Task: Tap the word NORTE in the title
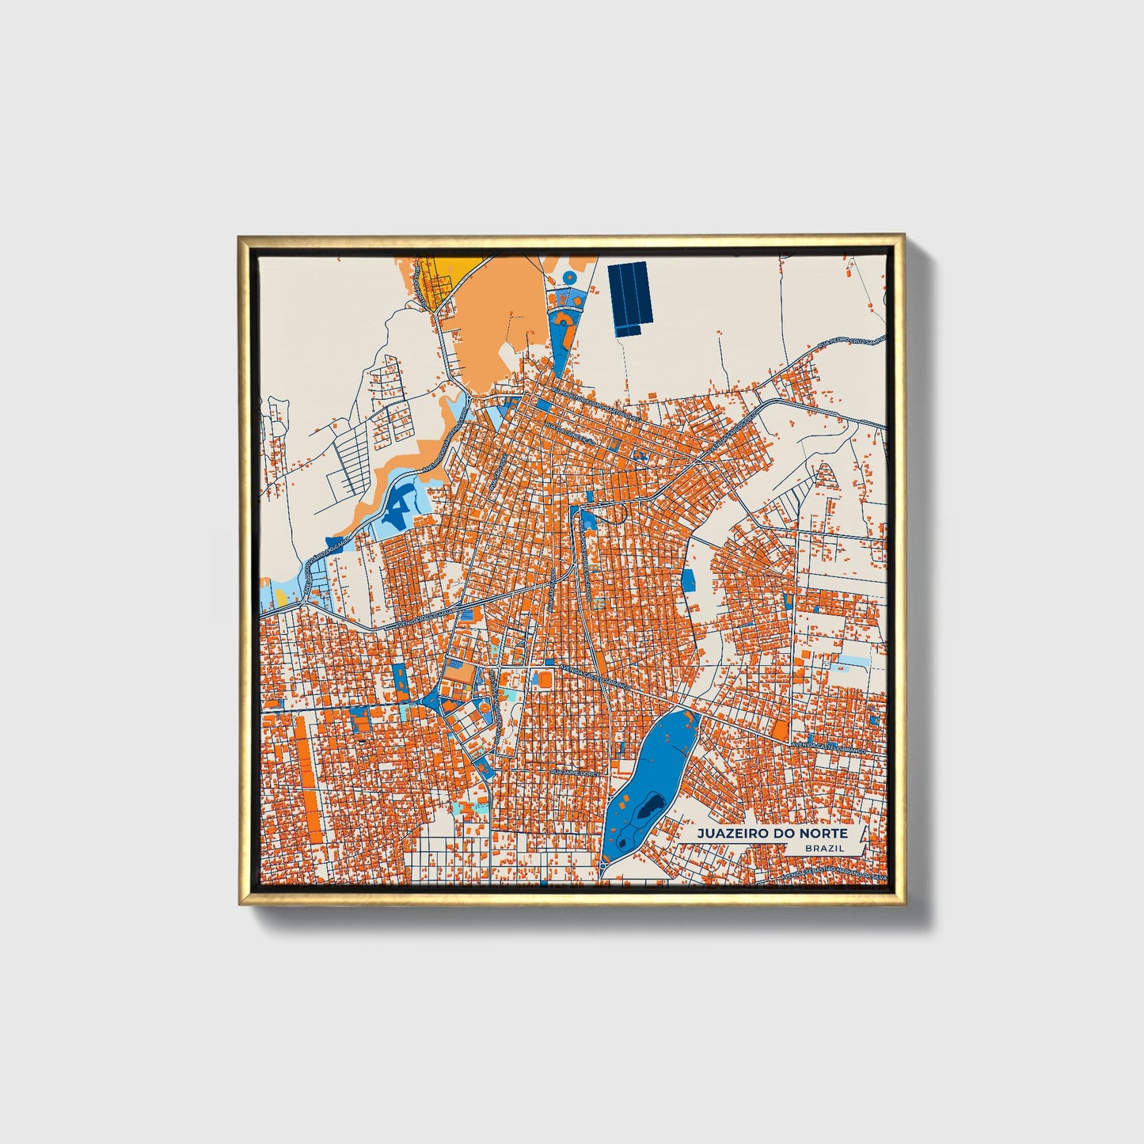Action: point(823,834)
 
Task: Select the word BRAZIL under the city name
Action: point(823,848)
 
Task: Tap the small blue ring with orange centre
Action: point(569,277)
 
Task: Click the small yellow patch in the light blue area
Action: point(281,599)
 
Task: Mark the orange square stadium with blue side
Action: point(544,679)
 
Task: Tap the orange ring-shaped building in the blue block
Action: point(482,706)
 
